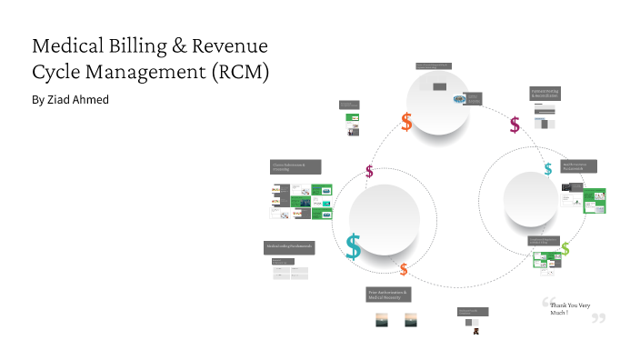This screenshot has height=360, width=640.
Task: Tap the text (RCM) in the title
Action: click(237, 73)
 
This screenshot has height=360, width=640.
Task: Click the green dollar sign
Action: click(565, 248)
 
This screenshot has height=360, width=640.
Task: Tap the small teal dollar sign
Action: click(548, 168)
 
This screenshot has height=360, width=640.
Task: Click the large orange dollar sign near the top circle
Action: click(406, 122)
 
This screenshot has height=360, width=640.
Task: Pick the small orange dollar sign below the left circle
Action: click(404, 269)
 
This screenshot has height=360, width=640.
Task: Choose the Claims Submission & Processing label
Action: click(294, 167)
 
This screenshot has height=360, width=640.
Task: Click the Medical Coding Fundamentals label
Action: click(289, 247)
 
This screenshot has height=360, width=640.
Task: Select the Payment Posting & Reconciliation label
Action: click(545, 94)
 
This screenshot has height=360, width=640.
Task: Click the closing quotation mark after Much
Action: click(598, 317)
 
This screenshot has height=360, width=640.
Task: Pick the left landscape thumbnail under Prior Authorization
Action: click(383, 320)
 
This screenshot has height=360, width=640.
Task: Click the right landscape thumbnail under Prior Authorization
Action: click(410, 320)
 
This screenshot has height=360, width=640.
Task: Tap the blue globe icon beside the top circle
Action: click(460, 99)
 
